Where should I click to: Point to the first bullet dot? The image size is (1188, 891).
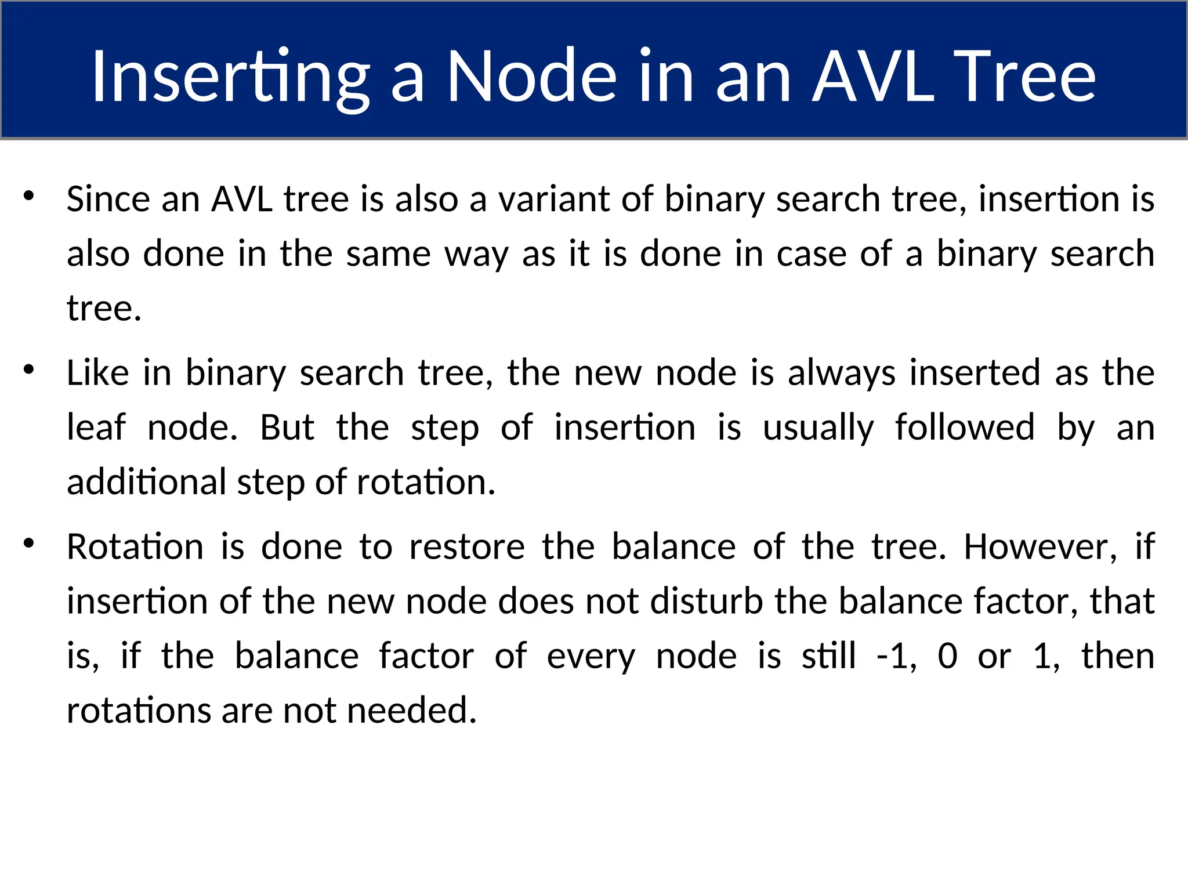click(28, 195)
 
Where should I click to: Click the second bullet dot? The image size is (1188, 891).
click(28, 370)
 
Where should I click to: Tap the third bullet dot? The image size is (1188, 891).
click(28, 544)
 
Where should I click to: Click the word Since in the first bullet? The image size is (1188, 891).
click(108, 199)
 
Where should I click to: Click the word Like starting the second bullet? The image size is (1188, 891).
click(97, 372)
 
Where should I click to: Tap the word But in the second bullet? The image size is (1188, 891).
click(287, 428)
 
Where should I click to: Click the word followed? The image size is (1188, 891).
click(964, 428)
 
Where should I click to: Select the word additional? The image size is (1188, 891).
click(146, 482)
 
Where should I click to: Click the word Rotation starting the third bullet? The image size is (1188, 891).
click(135, 547)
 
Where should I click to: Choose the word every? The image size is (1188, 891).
click(591, 657)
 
